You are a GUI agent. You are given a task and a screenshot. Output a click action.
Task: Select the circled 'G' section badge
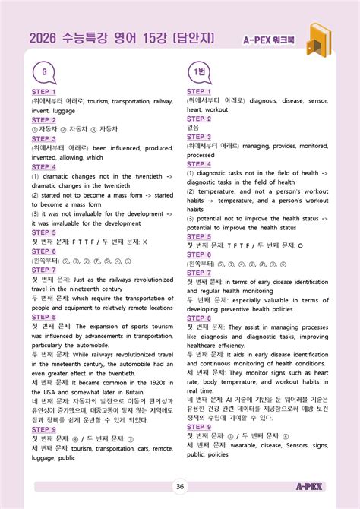(45, 73)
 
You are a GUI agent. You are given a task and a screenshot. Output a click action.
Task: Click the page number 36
(180, 487)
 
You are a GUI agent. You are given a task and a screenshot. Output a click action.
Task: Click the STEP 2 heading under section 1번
(199, 119)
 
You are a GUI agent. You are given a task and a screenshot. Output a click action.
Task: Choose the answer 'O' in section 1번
(299, 246)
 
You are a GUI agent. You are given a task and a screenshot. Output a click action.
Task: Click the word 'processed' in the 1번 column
(201, 155)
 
